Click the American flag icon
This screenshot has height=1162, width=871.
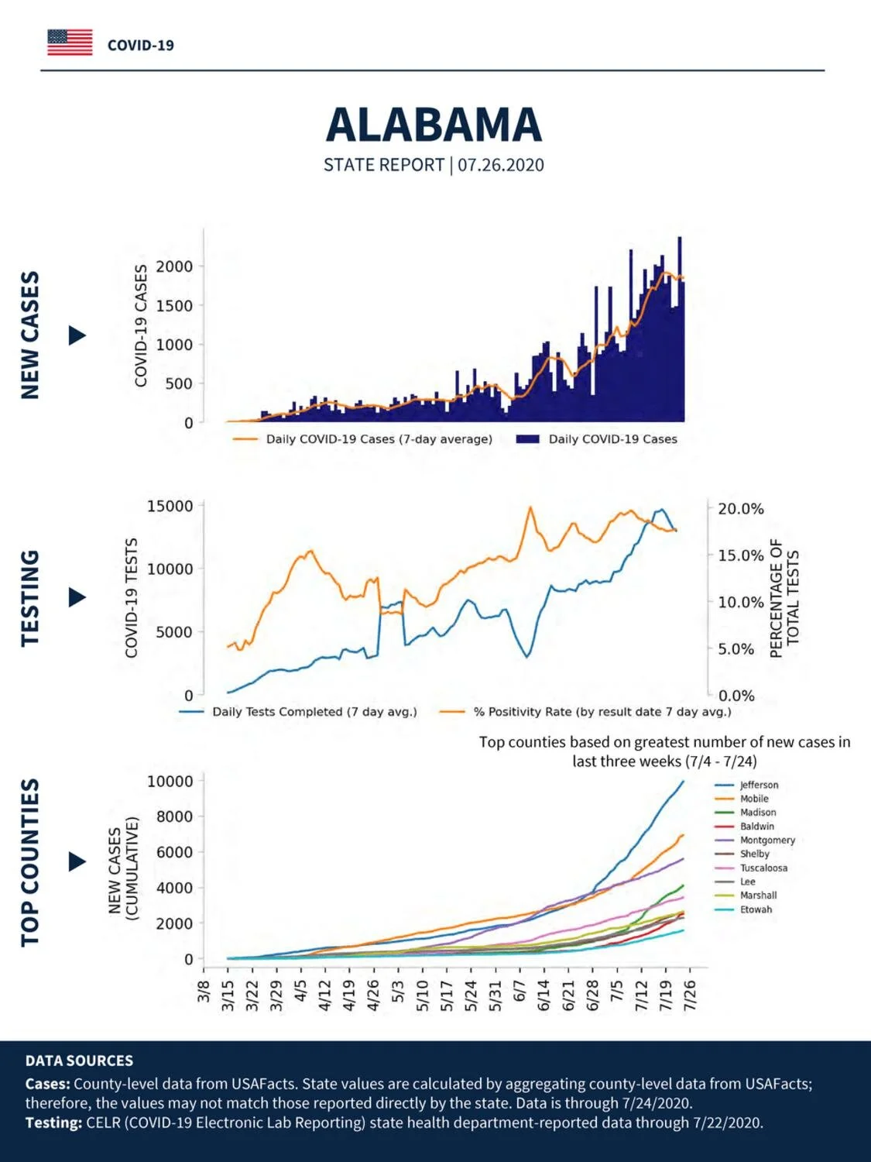click(x=70, y=43)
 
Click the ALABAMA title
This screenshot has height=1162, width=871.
click(x=434, y=125)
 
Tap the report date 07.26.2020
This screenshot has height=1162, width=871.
click(x=500, y=165)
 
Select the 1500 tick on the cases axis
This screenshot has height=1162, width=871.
click(x=173, y=305)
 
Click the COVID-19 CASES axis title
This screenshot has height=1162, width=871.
click(x=140, y=326)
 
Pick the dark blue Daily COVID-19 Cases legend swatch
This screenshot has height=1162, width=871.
click(x=527, y=439)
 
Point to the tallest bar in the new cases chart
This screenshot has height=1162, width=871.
click(x=680, y=328)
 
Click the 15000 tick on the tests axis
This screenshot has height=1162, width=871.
click(x=170, y=506)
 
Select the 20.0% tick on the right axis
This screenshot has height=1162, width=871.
click(x=740, y=509)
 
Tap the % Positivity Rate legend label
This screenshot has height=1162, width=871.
click(x=602, y=711)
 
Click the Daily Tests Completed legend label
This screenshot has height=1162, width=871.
click(x=314, y=711)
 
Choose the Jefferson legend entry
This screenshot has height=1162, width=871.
click(x=759, y=785)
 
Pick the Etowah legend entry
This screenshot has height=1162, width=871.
click(x=756, y=909)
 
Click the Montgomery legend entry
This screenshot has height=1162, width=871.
click(x=767, y=841)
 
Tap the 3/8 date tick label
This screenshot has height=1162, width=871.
click(x=204, y=990)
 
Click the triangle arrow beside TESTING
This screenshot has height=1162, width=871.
click(x=77, y=598)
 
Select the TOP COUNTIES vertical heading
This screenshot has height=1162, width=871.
click(x=30, y=862)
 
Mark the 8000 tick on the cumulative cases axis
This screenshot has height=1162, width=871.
click(x=174, y=816)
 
